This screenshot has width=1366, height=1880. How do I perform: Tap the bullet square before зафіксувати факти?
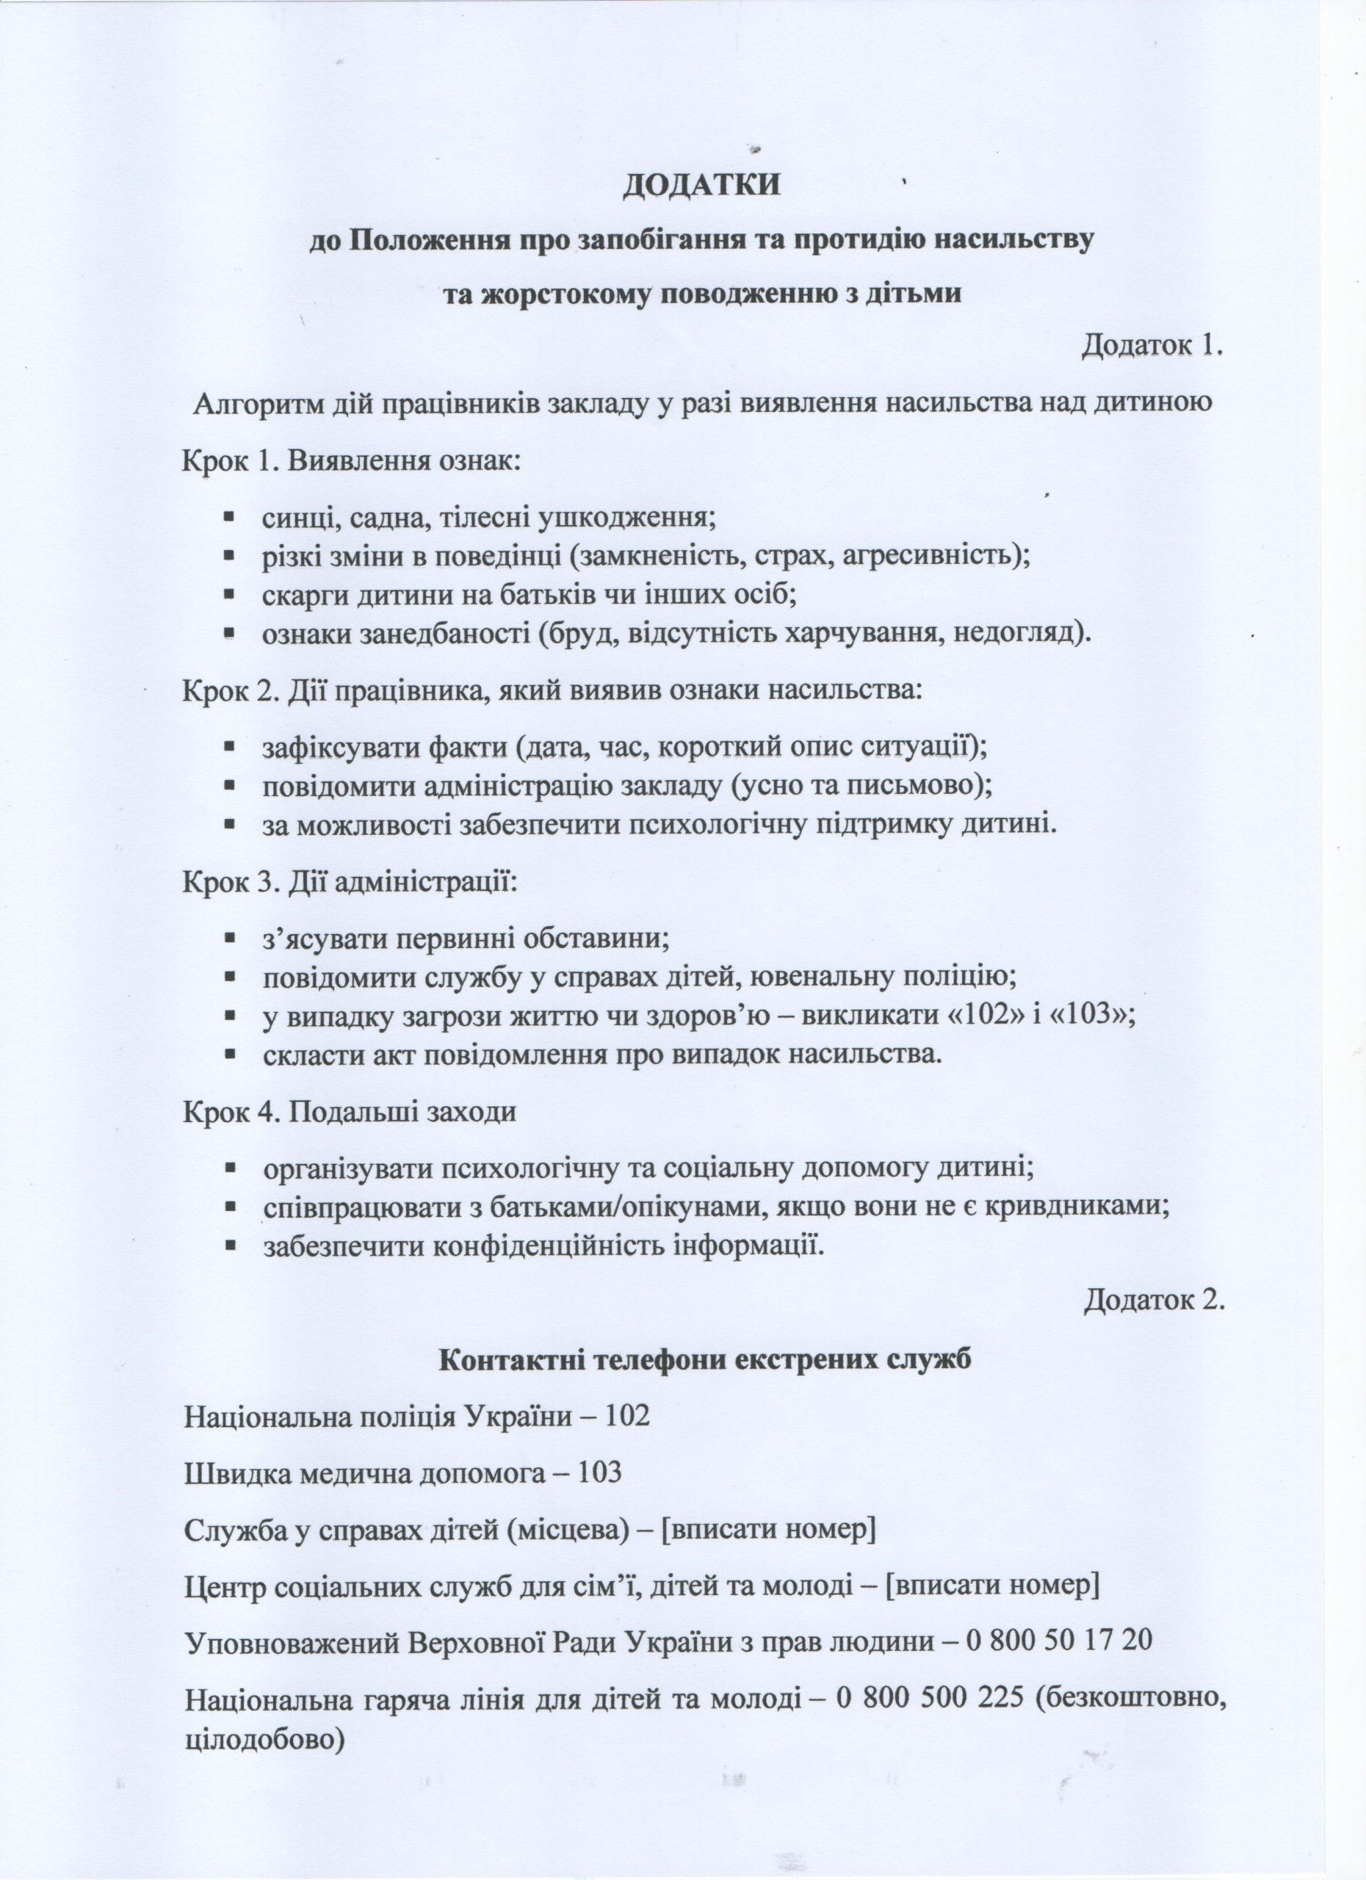230,747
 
